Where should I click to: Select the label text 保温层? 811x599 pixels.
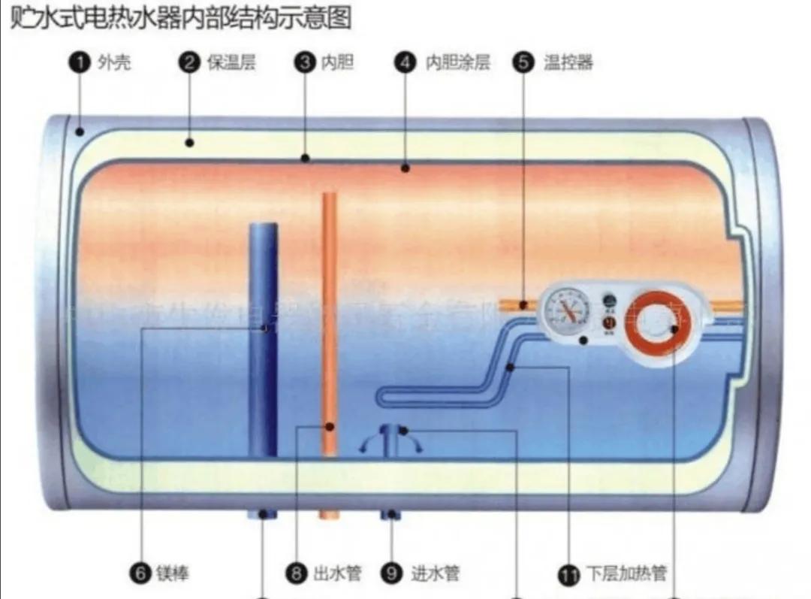click(x=231, y=62)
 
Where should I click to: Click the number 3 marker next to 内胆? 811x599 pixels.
click(x=304, y=62)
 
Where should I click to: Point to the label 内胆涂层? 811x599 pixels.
click(x=458, y=62)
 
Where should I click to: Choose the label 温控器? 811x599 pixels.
click(x=568, y=62)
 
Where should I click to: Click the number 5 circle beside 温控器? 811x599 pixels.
click(x=523, y=62)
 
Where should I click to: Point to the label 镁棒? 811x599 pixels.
click(x=172, y=574)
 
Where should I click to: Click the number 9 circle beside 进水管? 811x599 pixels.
click(x=390, y=574)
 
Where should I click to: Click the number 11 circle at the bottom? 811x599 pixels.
click(x=568, y=576)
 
